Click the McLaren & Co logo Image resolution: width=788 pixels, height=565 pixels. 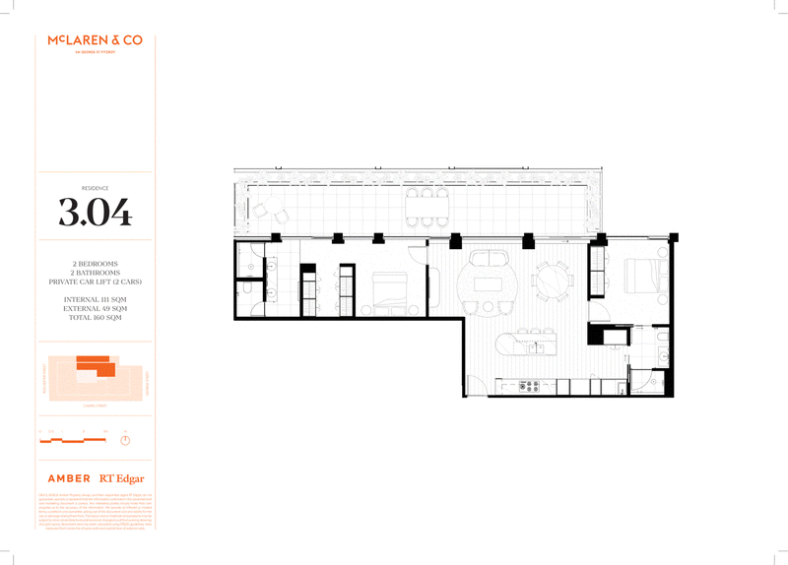[95, 41]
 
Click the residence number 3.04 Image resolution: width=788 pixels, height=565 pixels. [95, 212]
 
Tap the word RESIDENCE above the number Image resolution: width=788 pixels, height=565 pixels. [95, 186]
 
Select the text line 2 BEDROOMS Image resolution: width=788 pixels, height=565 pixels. [95, 265]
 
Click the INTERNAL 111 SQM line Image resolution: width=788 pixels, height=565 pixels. [95, 298]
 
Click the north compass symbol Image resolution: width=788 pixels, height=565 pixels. [125, 438]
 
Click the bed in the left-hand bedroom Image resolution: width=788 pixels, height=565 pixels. [388, 289]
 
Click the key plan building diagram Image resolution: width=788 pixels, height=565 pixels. [94, 379]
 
